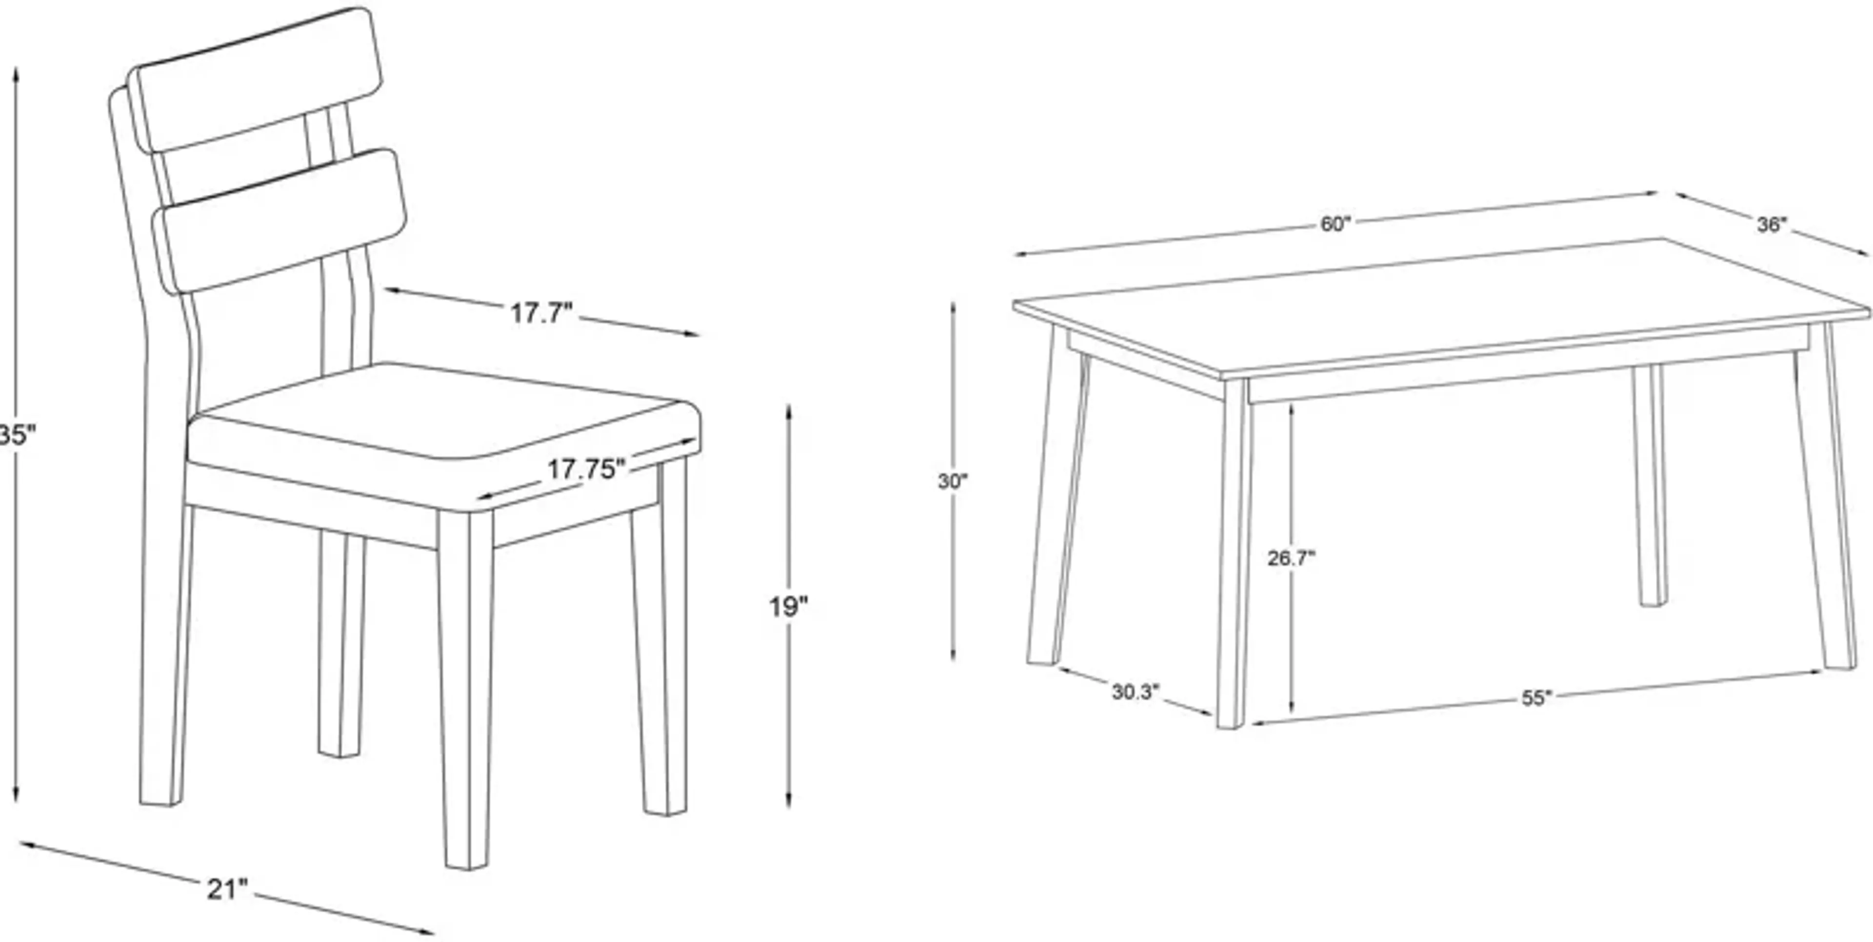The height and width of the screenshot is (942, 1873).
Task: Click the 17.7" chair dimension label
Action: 541,313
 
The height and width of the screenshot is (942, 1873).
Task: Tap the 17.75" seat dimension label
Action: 585,469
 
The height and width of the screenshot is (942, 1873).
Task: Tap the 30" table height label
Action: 953,481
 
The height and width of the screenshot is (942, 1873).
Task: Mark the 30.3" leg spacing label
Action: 1135,692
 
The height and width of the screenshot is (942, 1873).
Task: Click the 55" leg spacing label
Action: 1535,697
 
